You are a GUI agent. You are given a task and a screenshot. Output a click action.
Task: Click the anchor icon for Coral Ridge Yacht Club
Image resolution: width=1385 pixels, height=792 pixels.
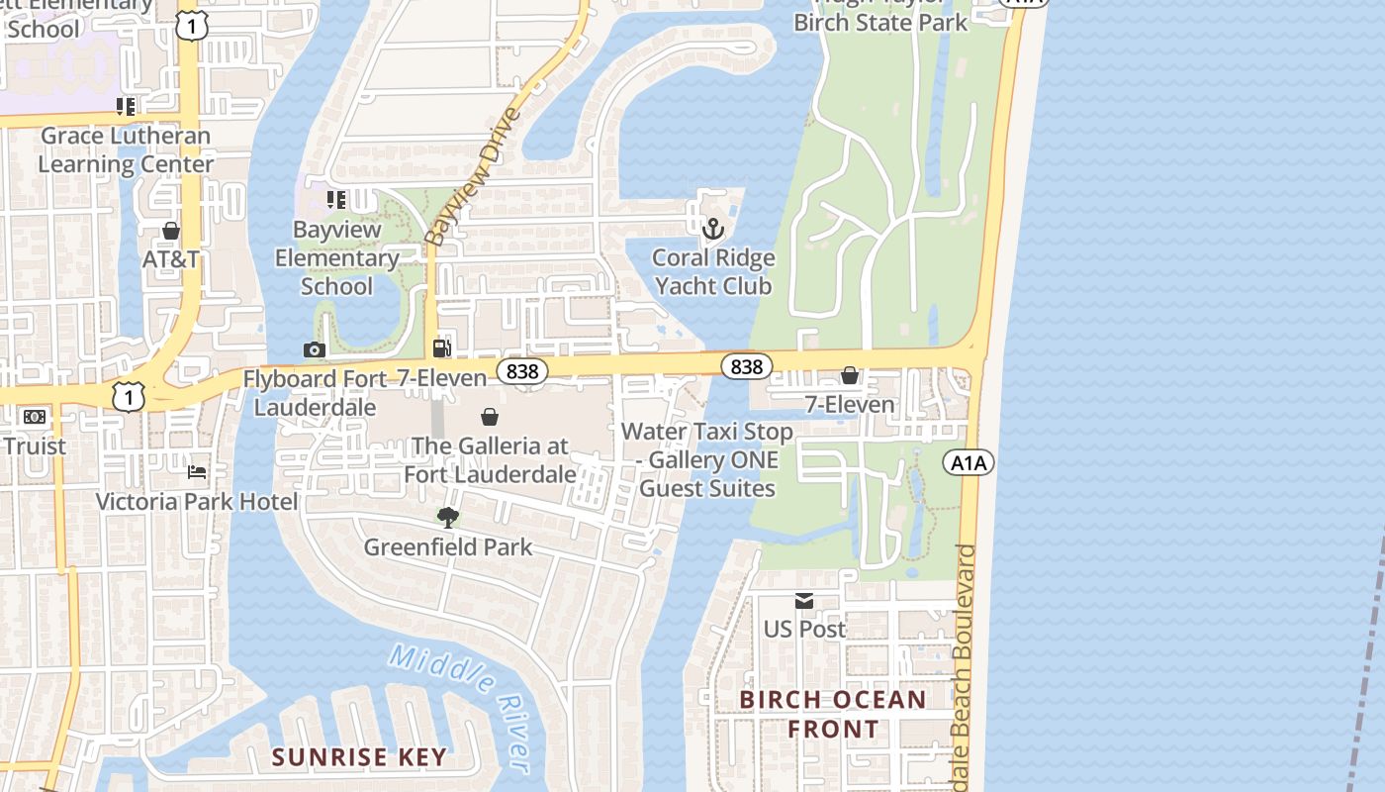click(712, 230)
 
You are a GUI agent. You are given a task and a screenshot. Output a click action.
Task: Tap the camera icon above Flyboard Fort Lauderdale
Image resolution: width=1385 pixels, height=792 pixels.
click(314, 349)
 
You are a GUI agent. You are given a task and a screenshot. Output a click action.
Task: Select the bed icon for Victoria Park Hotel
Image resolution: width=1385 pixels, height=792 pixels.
click(197, 472)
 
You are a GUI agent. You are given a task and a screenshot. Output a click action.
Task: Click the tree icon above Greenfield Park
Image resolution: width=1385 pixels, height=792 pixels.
click(447, 517)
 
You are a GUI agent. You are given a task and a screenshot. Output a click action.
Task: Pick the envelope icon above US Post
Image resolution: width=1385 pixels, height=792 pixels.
click(803, 600)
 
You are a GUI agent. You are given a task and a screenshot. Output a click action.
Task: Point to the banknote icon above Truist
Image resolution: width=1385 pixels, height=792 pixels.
click(35, 417)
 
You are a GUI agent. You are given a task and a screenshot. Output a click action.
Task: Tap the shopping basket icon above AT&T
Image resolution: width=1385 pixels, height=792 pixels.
click(171, 231)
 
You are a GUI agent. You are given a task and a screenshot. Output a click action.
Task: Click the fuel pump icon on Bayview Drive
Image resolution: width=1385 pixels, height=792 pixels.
click(441, 347)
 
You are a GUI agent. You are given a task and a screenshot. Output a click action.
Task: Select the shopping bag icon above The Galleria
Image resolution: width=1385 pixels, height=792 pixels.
click(489, 417)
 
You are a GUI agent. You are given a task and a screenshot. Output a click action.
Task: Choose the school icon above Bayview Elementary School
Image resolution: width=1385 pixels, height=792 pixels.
click(336, 200)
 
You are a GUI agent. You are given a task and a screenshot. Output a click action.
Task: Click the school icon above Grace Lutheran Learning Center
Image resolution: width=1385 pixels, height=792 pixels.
click(125, 106)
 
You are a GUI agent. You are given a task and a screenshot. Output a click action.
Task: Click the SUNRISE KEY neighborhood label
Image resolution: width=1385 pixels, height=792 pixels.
click(359, 757)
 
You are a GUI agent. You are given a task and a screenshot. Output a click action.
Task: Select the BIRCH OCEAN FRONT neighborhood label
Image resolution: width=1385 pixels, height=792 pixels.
click(833, 714)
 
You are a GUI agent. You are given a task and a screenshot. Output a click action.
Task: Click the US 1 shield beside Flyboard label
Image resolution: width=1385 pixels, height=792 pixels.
click(129, 396)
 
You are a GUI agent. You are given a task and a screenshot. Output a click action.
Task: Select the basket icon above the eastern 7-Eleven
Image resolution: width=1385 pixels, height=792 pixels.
click(849, 375)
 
